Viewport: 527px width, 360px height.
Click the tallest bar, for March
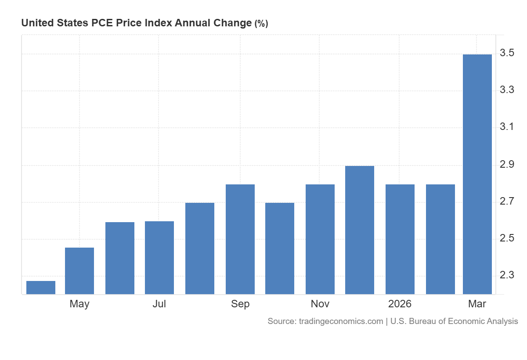(x=477, y=174)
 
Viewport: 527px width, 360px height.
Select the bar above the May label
(x=79, y=271)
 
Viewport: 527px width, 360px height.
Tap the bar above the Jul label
(x=159, y=258)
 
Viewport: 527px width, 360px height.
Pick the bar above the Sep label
(x=240, y=239)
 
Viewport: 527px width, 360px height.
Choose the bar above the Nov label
(x=320, y=239)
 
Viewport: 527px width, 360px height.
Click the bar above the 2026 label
(x=400, y=239)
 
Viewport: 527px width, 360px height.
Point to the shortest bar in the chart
(x=41, y=288)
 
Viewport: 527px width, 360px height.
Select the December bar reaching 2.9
(x=360, y=230)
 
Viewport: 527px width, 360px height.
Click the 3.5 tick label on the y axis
(x=507, y=53)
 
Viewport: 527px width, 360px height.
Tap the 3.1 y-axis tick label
(x=507, y=127)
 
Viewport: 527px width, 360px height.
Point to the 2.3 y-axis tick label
(x=507, y=275)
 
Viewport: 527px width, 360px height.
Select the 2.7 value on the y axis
(x=507, y=201)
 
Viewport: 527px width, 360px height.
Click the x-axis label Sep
(x=240, y=304)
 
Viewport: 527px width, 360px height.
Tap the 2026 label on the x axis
(x=400, y=304)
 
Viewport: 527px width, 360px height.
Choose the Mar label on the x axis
(x=477, y=304)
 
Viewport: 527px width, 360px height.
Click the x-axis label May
(x=79, y=304)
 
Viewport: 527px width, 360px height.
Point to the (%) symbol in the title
(x=261, y=24)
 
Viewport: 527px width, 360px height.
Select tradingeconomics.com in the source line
(x=341, y=321)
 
